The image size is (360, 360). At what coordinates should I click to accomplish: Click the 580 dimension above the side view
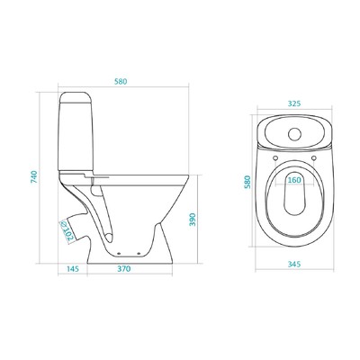121,82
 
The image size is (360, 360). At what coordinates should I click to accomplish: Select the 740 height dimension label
34,176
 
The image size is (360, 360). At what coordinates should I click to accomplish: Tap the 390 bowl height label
193,220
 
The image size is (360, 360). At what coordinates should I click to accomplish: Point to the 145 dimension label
72,269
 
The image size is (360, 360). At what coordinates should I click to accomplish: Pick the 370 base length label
124,269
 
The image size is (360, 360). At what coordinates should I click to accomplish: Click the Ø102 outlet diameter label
67,231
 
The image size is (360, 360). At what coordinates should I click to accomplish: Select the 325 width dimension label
294,103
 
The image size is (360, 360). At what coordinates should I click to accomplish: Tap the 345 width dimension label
294,265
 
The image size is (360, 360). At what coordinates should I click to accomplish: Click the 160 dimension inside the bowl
294,180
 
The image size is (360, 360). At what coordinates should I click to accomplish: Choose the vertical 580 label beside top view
247,182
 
